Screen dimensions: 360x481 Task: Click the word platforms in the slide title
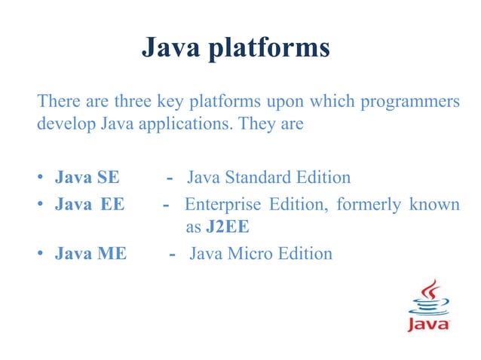273,49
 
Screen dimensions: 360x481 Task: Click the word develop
66,124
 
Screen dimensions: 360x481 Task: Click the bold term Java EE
89,205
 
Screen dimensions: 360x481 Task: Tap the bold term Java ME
90,253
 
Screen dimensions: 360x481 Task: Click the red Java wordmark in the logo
429,325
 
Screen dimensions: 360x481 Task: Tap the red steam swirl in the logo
432,290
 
